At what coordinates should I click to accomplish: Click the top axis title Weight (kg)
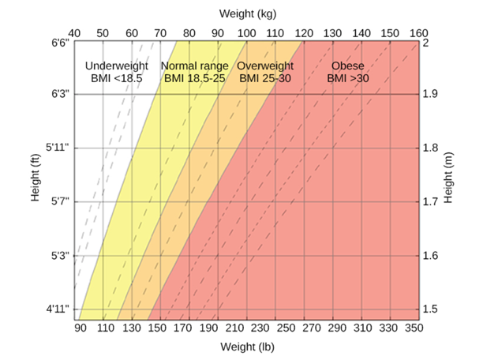coord(247,13)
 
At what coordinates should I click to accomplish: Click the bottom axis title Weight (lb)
coord(247,347)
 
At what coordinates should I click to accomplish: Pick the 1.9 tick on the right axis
coord(432,95)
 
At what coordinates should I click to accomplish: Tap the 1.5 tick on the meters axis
coord(432,309)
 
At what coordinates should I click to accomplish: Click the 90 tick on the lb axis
coord(80,328)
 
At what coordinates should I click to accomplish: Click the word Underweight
coord(116,66)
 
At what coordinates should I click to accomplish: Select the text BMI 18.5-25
coord(195,79)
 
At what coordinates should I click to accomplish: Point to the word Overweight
coord(265,66)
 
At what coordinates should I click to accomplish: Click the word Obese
coord(348,66)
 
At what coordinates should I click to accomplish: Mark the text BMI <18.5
coord(116,79)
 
